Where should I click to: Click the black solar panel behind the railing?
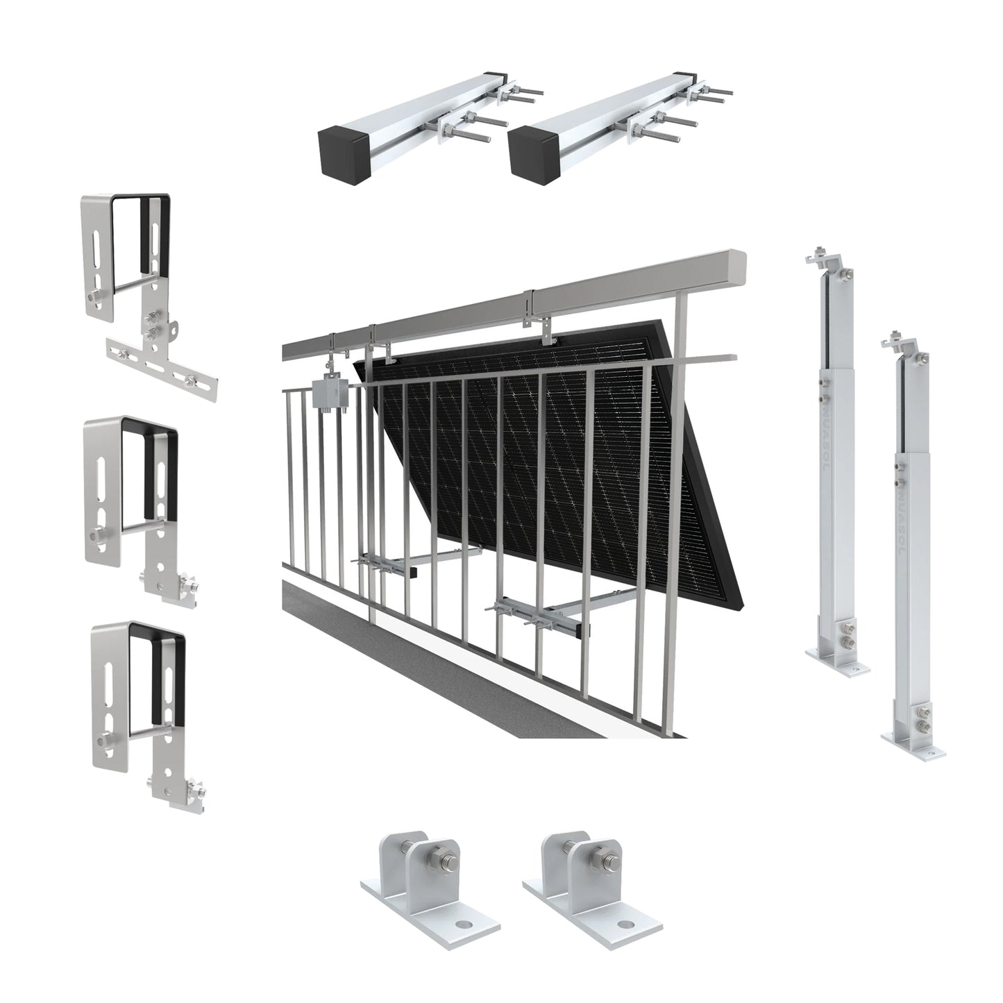(x=555, y=444)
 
